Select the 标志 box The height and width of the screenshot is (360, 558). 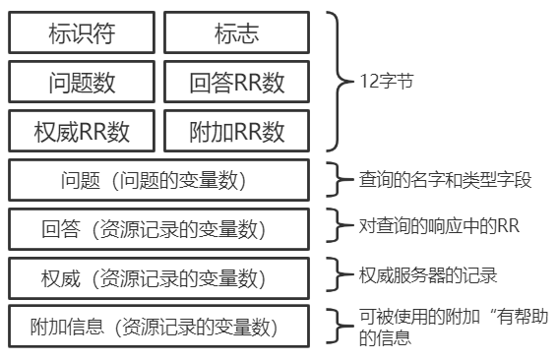tap(236, 33)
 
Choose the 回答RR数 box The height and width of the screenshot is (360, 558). tap(236, 82)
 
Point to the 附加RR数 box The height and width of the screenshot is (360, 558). tap(236, 130)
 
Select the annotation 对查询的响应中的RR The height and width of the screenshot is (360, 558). tap(439, 226)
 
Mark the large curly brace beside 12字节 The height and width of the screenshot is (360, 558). tap(340, 82)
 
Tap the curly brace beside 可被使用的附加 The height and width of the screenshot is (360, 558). tap(340, 325)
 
